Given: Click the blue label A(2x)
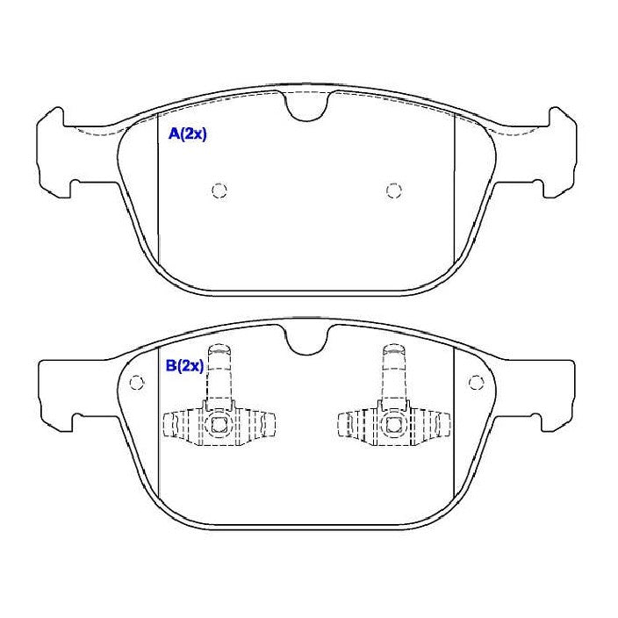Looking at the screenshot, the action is pyautogui.click(x=187, y=134).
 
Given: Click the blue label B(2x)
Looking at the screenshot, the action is pyautogui.click(x=184, y=366).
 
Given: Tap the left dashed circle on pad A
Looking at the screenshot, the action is pyautogui.click(x=219, y=190).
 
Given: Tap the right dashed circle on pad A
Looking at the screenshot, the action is pyautogui.click(x=393, y=190).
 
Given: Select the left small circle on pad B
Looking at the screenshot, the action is pyautogui.click(x=137, y=382).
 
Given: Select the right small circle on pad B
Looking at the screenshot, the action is pyautogui.click(x=476, y=382).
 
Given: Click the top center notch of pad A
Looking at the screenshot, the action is pyautogui.click(x=306, y=106).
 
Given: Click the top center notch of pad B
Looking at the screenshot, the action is pyautogui.click(x=306, y=340).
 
